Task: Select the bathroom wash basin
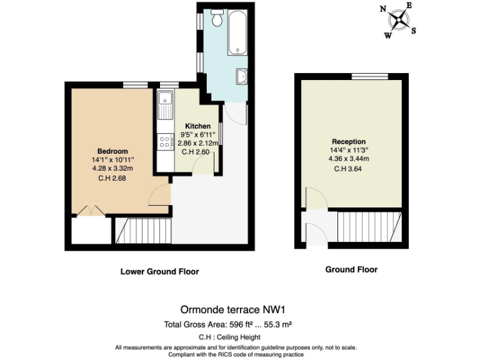point(242,77)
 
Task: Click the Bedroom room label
point(112,151)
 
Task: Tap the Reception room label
point(349,142)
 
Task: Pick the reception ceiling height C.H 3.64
point(349,168)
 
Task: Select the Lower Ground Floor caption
point(159,272)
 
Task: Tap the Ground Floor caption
point(351,270)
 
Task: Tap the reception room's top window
point(369,76)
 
